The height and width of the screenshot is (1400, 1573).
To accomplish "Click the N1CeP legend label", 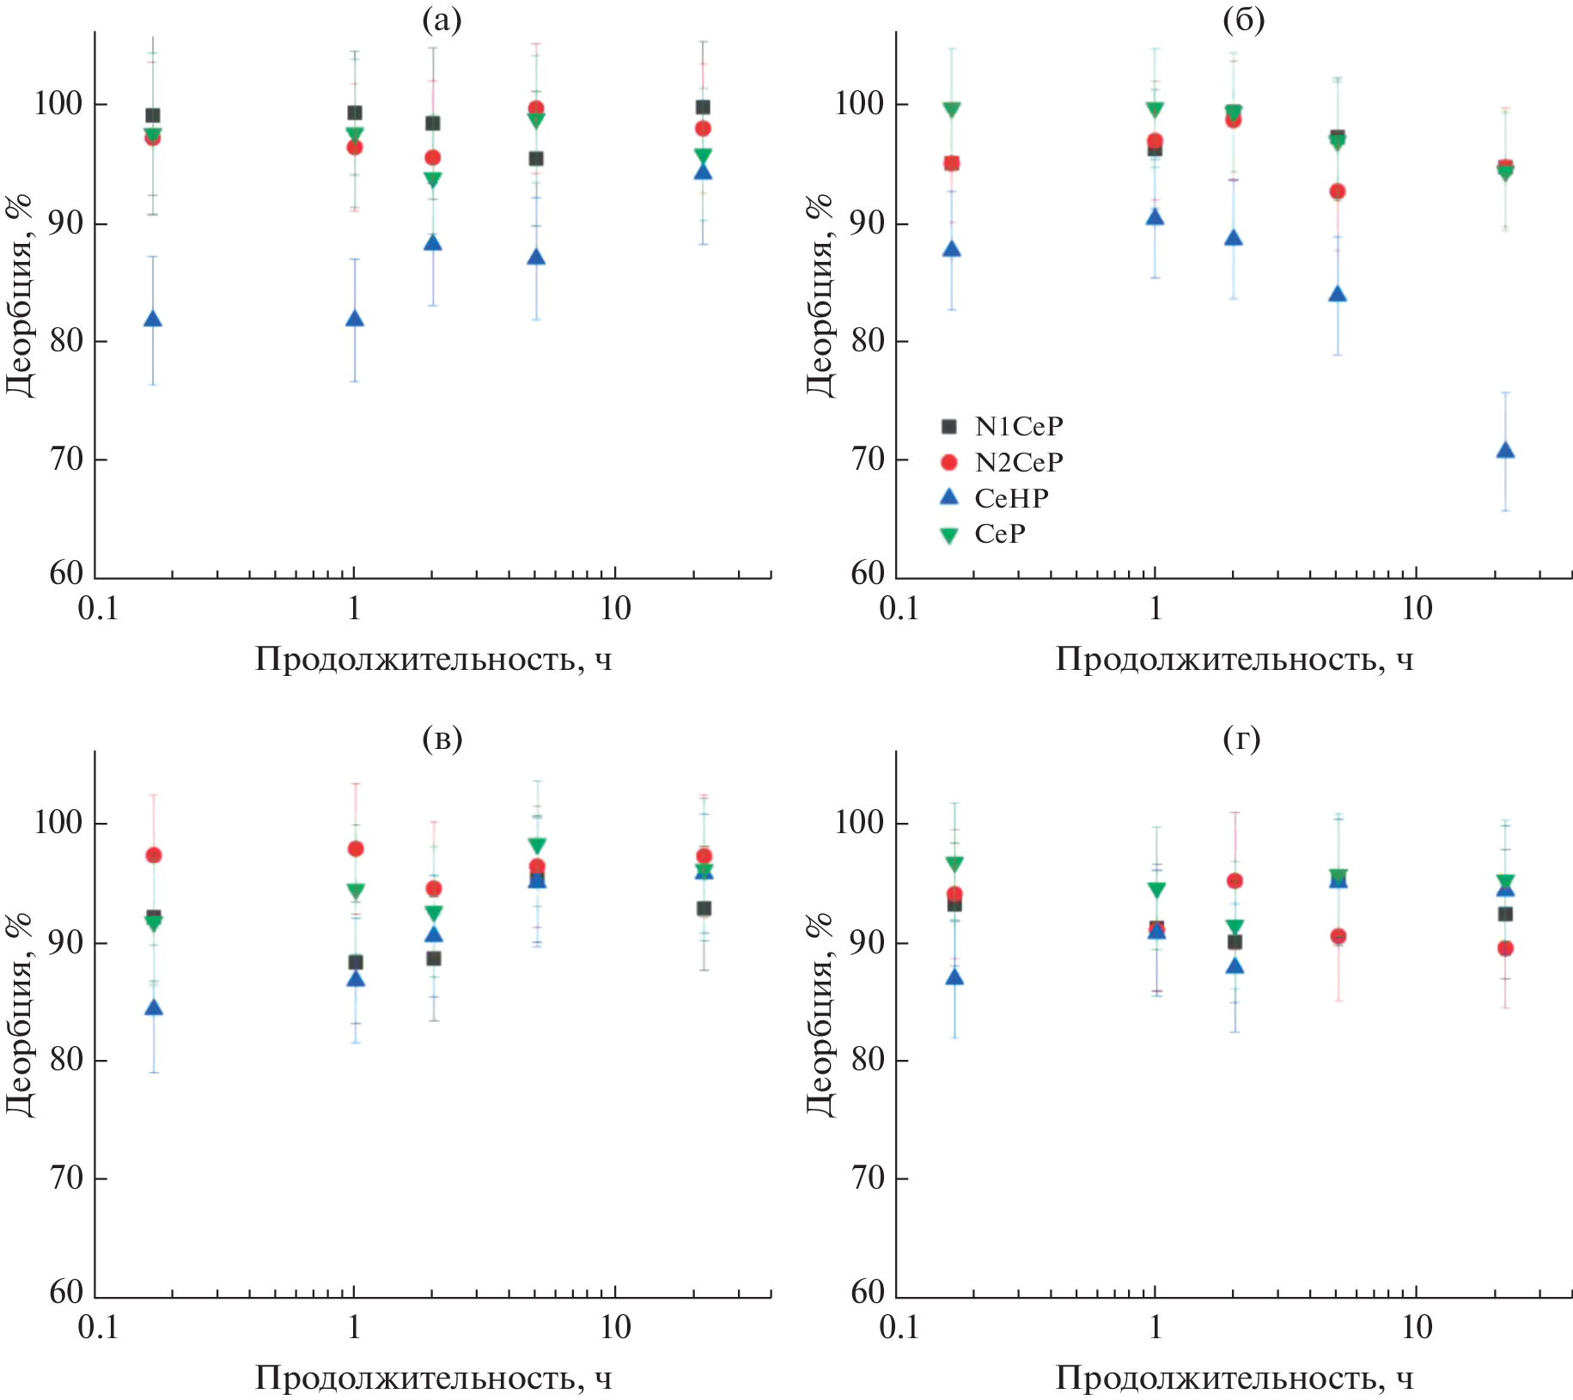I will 1019,427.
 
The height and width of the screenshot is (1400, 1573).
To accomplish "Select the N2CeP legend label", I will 1019,463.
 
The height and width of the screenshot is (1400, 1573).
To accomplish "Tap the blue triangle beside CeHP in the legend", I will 949,497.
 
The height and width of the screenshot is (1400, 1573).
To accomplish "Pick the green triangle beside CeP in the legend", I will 949,535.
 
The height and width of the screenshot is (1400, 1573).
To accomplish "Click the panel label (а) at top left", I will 442,19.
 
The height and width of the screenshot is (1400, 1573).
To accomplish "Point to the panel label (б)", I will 1243,19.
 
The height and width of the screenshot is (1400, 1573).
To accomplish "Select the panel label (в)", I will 442,738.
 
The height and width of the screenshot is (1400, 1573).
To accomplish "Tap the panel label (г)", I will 1241,738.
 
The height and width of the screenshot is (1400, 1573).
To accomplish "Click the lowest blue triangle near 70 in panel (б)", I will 1505,451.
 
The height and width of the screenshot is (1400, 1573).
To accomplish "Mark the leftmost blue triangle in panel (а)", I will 153,320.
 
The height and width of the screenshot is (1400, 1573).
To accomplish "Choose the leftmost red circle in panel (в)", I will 154,855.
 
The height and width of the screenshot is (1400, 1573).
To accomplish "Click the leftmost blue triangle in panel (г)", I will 954,977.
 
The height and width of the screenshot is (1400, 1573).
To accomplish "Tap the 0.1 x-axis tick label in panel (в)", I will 97,1328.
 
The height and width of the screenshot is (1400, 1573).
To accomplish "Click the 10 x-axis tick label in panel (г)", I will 1417,1328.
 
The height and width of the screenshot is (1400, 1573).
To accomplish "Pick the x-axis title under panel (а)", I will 434,660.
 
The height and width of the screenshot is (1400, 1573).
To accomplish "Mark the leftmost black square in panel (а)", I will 153,116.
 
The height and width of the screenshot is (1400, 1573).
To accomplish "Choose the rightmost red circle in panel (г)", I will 1505,949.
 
